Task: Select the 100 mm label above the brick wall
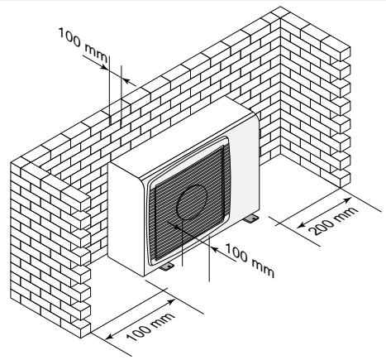(x=83, y=45)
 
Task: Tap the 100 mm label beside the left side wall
(x=150, y=327)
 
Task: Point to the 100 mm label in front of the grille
(x=250, y=260)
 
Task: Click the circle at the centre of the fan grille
(x=192, y=202)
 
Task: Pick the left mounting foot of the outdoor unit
(x=166, y=266)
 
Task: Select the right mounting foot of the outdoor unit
(x=251, y=219)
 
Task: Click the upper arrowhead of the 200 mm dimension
(x=348, y=199)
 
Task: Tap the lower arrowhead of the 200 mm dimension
(x=302, y=225)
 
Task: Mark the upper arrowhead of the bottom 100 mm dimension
(x=171, y=301)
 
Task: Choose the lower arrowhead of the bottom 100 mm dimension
(x=109, y=336)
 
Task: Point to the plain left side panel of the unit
(x=126, y=218)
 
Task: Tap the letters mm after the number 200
(x=350, y=213)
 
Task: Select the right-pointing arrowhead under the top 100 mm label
(x=104, y=66)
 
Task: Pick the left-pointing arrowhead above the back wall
(x=126, y=81)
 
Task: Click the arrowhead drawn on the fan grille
(x=170, y=223)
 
